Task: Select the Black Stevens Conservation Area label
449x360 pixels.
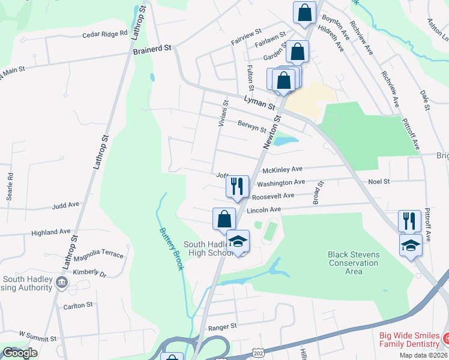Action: [354, 263]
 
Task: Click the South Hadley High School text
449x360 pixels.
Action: [208, 248]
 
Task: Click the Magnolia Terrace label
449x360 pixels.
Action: [98, 254]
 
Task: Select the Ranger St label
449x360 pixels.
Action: [223, 327]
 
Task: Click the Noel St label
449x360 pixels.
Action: [379, 181]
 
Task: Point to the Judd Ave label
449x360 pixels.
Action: [65, 205]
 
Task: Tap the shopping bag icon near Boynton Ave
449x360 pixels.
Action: [304, 13]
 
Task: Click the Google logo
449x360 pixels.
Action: [20, 353]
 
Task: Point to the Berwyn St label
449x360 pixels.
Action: [252, 127]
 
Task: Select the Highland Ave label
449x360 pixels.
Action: [51, 232]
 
